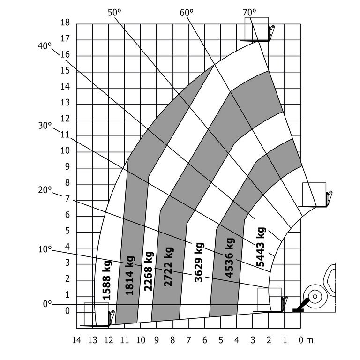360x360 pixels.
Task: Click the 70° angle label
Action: [249, 12]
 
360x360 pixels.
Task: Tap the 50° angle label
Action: [114, 12]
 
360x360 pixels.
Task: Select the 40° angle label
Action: [45, 46]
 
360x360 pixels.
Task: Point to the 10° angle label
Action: [45, 249]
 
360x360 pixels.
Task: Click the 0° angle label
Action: [47, 304]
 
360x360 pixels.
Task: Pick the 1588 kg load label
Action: [107, 280]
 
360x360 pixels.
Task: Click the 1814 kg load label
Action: [129, 275]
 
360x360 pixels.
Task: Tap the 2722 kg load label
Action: [168, 267]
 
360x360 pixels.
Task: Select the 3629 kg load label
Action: [199, 262]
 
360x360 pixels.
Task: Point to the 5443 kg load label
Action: [261, 247]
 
